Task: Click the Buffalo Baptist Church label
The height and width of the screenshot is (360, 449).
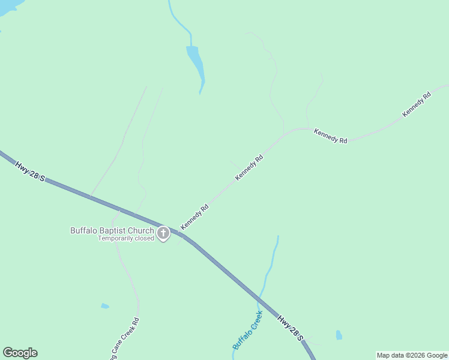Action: coord(112,230)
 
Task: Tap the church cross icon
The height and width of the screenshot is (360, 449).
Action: coord(163,233)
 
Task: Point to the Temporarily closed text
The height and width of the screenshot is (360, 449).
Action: coord(126,238)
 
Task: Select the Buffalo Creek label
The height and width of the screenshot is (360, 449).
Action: coord(248,330)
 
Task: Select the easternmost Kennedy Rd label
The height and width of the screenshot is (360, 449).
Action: coord(417,104)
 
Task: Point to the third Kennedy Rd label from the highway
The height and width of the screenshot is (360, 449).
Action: coord(330,136)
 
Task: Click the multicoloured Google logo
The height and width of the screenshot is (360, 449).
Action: coord(20,352)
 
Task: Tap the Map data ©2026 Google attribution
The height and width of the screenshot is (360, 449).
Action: coord(412,355)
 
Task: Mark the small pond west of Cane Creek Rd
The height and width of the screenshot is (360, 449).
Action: coord(105,306)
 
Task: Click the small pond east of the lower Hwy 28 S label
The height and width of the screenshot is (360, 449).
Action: coord(339,335)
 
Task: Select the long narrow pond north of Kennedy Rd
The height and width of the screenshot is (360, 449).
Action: coord(196,63)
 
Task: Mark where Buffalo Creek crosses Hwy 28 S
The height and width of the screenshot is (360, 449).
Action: coord(260,298)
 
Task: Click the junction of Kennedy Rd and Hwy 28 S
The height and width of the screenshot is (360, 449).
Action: coord(180,231)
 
